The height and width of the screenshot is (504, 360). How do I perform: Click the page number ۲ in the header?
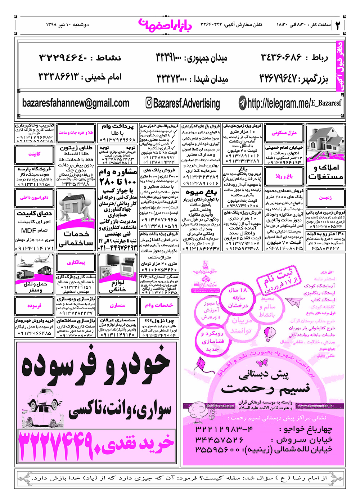[x=338, y=25]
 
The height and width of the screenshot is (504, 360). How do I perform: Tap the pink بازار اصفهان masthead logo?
[x=165, y=24]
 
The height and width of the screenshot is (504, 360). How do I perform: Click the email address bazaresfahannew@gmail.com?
[x=76, y=103]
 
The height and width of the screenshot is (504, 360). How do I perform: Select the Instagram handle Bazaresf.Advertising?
[x=186, y=104]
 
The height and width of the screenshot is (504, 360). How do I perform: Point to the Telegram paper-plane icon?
[x=243, y=104]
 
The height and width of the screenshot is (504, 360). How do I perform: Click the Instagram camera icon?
[x=149, y=103]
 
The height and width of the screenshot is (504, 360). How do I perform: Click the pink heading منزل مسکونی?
[x=284, y=133]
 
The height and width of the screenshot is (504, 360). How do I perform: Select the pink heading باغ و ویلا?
[x=284, y=176]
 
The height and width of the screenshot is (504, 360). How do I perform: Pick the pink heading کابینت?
[x=34, y=154]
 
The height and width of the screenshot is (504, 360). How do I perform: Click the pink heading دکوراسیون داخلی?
[x=34, y=198]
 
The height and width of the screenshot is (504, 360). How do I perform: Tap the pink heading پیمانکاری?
[x=76, y=263]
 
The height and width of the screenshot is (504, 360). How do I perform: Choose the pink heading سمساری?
[x=118, y=306]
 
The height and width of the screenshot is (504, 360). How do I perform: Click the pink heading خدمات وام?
[x=159, y=306]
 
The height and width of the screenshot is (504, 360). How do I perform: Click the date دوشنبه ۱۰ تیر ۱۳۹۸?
[x=67, y=25]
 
